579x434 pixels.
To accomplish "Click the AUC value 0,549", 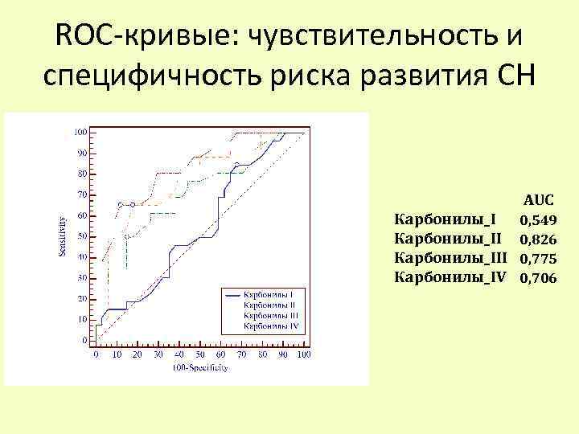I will point(537,219).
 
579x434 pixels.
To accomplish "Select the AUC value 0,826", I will point(537,239).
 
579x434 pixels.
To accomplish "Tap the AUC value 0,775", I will point(537,258).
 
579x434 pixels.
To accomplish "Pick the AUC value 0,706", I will point(537,278).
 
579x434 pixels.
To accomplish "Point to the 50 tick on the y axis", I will point(83,236).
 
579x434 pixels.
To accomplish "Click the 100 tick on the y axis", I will point(81,132).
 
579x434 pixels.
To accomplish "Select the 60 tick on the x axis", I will point(220,354).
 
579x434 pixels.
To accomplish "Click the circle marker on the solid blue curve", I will point(236,166).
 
